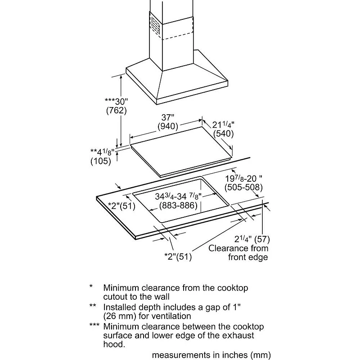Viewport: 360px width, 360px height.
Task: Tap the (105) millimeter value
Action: (x=100, y=161)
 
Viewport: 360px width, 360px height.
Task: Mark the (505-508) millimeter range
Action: (x=243, y=188)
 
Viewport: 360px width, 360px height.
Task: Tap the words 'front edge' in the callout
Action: (x=247, y=257)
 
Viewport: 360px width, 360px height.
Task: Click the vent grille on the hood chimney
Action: (x=154, y=25)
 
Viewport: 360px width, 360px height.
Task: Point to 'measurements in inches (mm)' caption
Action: (x=211, y=355)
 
